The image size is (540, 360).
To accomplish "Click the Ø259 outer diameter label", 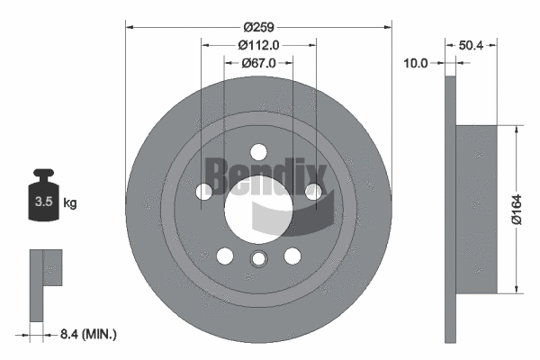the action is [x=258, y=27].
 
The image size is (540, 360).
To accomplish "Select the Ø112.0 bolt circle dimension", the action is [x=258, y=45].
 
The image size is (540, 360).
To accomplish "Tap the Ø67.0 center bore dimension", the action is [x=258, y=63].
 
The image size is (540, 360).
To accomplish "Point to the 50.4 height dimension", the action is [x=471, y=45].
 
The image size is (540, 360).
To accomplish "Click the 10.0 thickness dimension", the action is [x=415, y=63].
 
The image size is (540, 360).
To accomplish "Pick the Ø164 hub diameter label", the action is [x=517, y=210].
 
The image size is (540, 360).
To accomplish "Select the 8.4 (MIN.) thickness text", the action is [x=88, y=334].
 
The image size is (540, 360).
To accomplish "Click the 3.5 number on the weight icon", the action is [x=43, y=202].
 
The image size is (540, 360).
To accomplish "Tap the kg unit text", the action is [x=70, y=202].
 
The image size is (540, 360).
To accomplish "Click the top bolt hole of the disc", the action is [x=258, y=152].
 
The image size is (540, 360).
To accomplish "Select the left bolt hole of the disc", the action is [x=204, y=191].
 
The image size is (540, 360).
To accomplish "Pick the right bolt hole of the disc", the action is [x=312, y=191].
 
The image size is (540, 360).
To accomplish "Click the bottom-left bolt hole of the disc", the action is [x=225, y=256].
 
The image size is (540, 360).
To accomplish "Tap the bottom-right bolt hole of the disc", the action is [x=292, y=256].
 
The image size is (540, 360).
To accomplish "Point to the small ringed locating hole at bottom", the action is [x=258, y=258].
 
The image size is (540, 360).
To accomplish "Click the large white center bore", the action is [x=258, y=209].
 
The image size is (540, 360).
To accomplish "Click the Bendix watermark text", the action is [x=265, y=175].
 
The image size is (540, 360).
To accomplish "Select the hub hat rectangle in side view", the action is [x=477, y=210].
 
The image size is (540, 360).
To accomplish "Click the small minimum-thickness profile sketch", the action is [x=46, y=285].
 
